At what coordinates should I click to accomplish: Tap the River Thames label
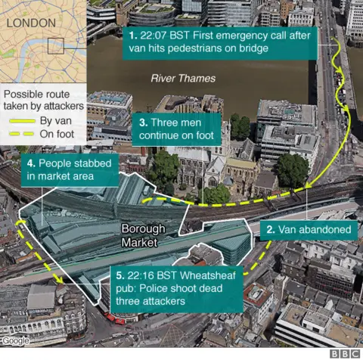point(182,78)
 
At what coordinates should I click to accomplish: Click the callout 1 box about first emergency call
point(219,42)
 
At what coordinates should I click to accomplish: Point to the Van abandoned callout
point(307,228)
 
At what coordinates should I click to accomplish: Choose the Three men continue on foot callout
point(177,129)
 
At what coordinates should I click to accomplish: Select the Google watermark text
point(16,340)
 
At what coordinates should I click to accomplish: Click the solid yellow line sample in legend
point(20,120)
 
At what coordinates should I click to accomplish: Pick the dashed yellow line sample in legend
point(20,135)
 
